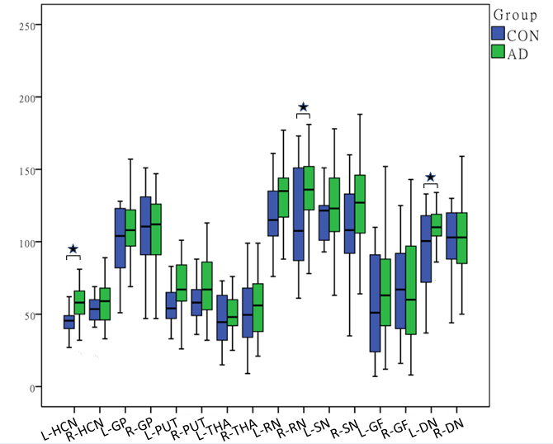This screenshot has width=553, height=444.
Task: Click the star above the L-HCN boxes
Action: pyautogui.click(x=73, y=248)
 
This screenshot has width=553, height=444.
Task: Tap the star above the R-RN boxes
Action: pyautogui.click(x=303, y=106)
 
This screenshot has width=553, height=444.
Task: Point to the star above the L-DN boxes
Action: pyautogui.click(x=430, y=177)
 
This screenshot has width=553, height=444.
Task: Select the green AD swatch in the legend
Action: pyautogui.click(x=498, y=52)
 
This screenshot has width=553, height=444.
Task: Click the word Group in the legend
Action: pyautogui.click(x=516, y=15)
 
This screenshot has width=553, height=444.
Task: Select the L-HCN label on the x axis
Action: pyautogui.click(x=59, y=418)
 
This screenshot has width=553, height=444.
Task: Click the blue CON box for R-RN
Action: pyautogui.click(x=298, y=215)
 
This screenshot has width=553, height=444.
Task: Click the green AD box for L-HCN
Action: pyautogui.click(x=79, y=302)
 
